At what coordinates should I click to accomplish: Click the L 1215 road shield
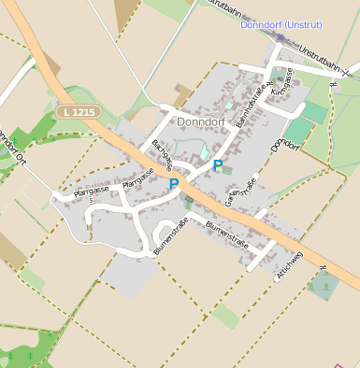pyautogui.click(x=78, y=111)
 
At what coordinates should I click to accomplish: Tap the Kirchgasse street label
pyautogui.click(x=281, y=83)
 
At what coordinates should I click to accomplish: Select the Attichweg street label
pyautogui.click(x=290, y=265)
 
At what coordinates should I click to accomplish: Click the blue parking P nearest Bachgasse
pyautogui.click(x=173, y=184)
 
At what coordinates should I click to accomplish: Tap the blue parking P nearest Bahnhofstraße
pyautogui.click(x=218, y=165)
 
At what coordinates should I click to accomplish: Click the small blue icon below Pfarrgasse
pyautogui.click(x=91, y=200)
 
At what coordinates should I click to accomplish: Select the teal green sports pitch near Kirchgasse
pyautogui.click(x=315, y=113)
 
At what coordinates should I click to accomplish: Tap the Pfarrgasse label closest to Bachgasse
pyautogui.click(x=138, y=177)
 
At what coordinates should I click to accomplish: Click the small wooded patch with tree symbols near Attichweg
pyautogui.click(x=324, y=283)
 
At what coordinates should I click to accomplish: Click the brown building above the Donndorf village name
pyautogui.click(x=180, y=95)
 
